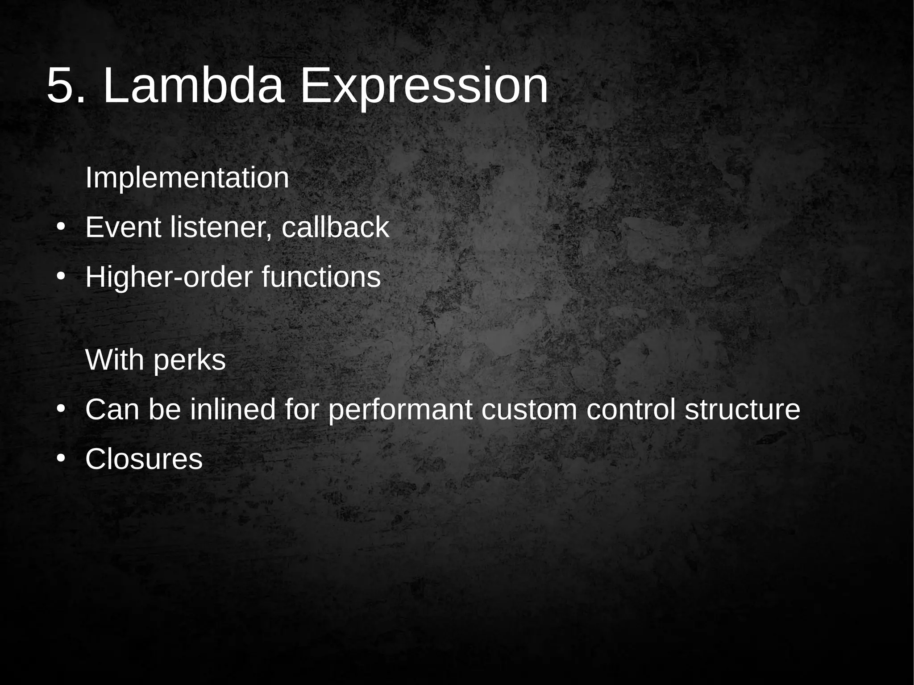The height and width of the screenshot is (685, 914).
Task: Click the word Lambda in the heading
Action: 193,85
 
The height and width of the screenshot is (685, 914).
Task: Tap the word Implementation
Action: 187,178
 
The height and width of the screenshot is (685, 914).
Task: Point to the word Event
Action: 123,228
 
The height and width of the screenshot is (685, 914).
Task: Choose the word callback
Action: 335,228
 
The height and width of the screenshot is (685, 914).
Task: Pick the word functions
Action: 321,277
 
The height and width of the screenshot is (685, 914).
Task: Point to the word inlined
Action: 233,409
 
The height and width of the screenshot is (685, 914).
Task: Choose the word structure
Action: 742,410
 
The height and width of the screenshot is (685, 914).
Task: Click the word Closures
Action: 144,459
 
